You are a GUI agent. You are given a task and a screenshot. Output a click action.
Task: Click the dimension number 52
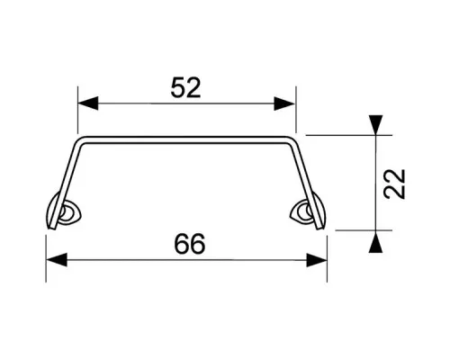coord(185,87)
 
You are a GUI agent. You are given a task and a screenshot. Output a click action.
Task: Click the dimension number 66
coord(190,244)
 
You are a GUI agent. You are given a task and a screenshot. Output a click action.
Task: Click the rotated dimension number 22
coord(395,184)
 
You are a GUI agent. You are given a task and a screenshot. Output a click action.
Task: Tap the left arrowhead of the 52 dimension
coord(88,103)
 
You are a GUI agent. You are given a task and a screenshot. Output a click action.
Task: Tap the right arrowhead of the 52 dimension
coord(284,103)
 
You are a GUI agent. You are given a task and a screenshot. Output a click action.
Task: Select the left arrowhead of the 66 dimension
coord(57,260)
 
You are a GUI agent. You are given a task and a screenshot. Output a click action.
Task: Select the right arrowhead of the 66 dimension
coord(316,260)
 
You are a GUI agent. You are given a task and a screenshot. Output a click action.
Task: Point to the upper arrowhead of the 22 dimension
coord(376,125)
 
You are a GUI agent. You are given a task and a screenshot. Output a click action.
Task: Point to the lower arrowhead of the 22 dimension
coord(376,242)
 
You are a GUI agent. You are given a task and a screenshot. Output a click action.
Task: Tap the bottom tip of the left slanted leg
coord(51,228)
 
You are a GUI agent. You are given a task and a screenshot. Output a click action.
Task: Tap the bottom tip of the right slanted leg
coord(320,228)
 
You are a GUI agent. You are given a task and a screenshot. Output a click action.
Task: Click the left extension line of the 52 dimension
coord(77,110)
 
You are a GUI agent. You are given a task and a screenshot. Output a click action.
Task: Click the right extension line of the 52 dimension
coord(296,110)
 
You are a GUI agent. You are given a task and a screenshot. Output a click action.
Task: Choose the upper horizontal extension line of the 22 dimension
coord(349,135)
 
